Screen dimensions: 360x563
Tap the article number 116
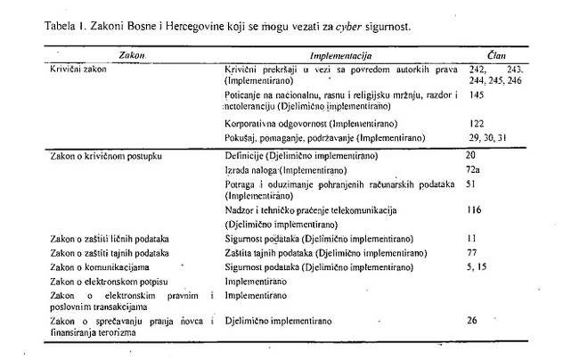coord(475,209)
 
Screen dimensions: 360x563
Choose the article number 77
coord(472,253)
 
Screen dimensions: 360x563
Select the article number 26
coord(472,318)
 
